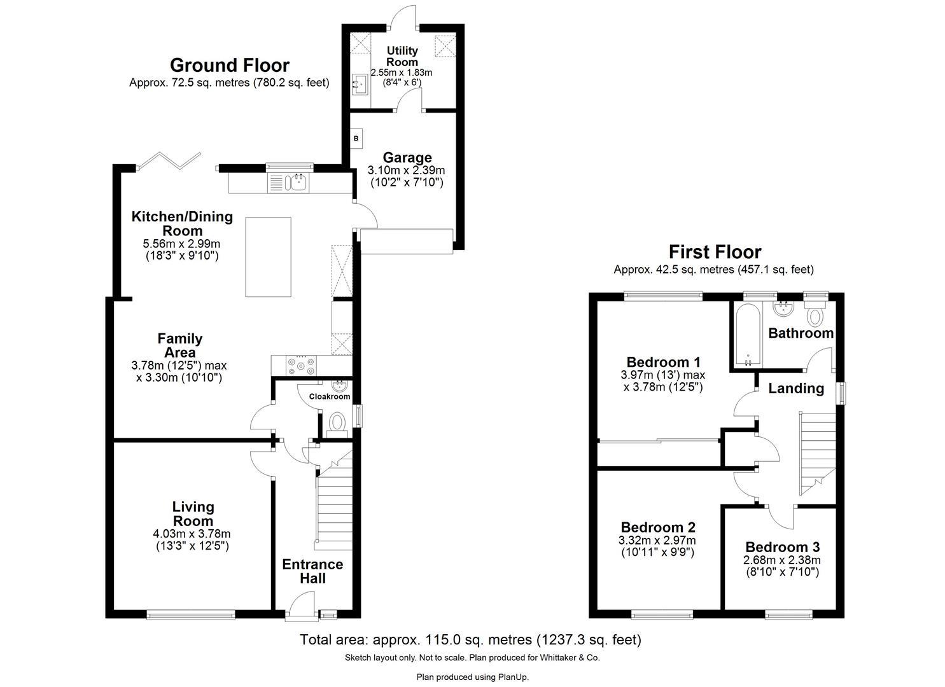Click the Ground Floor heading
(x=229, y=66)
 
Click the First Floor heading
(x=714, y=253)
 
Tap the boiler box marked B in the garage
(x=356, y=138)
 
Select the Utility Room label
(x=403, y=56)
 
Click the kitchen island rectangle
(x=269, y=257)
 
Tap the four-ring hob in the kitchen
(x=302, y=365)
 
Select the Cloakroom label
(x=329, y=396)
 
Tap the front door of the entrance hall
(x=301, y=604)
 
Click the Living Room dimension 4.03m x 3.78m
(x=193, y=534)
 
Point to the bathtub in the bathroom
(x=747, y=335)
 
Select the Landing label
(x=795, y=388)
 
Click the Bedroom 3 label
(x=782, y=547)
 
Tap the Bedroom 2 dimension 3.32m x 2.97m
(x=657, y=541)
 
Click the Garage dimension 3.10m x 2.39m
(x=406, y=170)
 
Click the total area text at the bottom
(x=470, y=639)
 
